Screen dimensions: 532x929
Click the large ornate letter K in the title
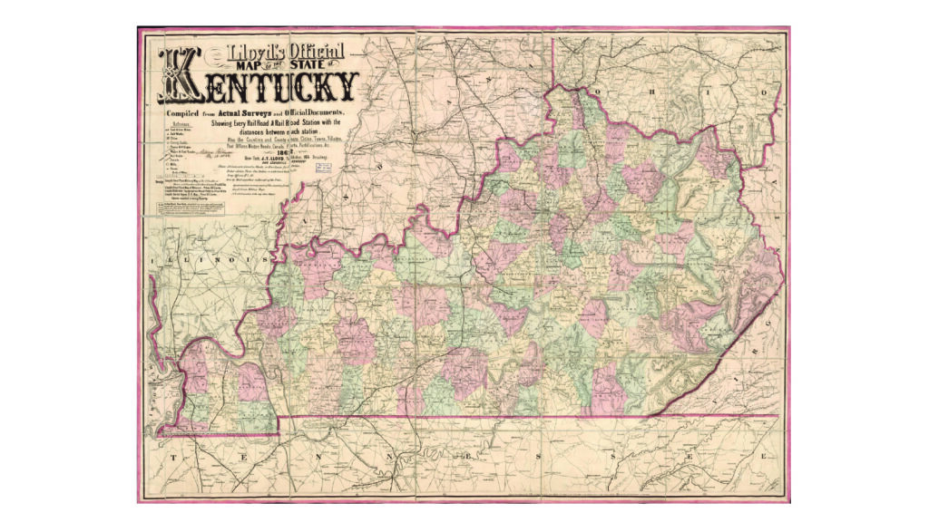pos(180,76)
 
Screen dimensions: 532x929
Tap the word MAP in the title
pos(229,70)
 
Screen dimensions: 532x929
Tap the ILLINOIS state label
pos(212,259)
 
